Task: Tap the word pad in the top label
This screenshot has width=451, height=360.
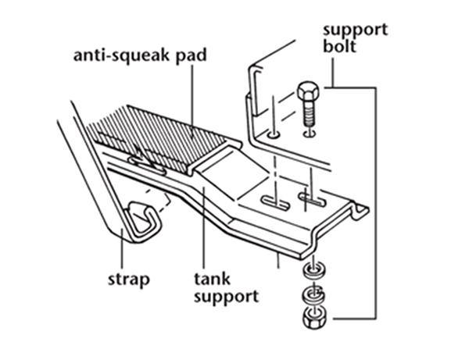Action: coord(191,55)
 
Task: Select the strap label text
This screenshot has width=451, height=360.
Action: coord(128,280)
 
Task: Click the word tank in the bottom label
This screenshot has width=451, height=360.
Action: coord(212,278)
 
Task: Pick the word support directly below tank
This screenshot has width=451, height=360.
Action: coord(226,297)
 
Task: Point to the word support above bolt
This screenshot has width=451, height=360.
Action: coord(355,30)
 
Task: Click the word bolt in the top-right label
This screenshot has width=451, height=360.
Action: coord(340,46)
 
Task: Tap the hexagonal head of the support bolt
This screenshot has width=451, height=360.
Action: coord(308,91)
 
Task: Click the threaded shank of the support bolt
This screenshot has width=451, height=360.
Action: coord(308,114)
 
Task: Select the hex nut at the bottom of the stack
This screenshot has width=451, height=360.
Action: coord(313,319)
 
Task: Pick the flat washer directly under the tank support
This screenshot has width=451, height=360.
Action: coord(313,270)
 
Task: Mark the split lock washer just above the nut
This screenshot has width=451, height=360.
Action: coord(313,294)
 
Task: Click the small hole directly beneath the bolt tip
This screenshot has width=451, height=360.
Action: coord(310,134)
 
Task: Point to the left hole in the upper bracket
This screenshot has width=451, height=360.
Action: coord(274,134)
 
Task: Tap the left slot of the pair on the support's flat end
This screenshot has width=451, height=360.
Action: coord(275,203)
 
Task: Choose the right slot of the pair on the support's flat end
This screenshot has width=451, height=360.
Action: coord(313,199)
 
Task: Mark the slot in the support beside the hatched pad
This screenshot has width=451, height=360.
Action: coord(148,166)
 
